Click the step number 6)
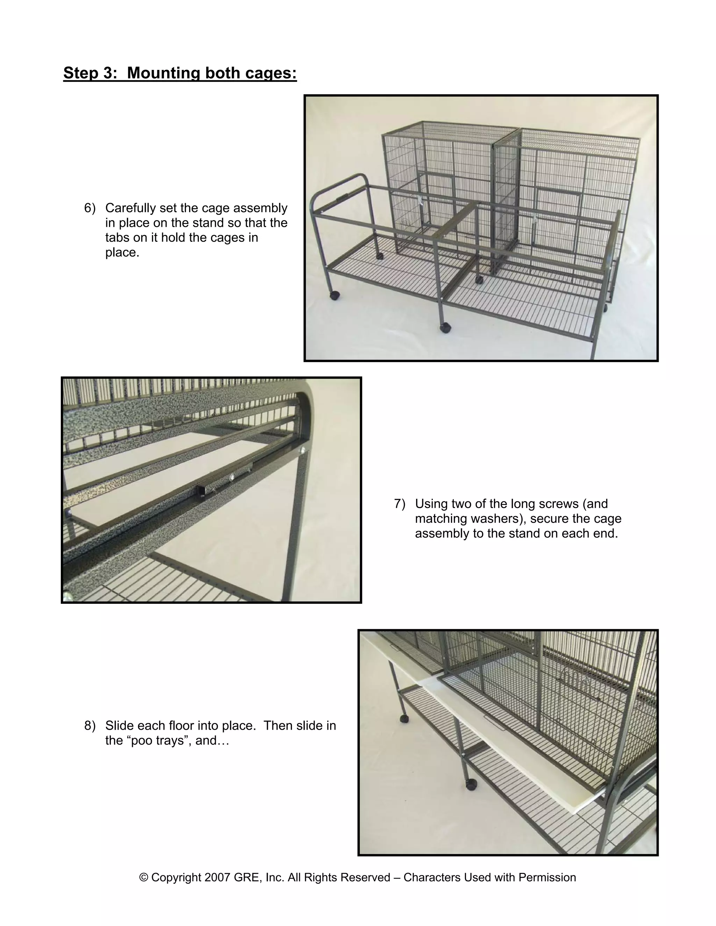90,208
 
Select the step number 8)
90,725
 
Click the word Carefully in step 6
132,208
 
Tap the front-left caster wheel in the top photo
335,295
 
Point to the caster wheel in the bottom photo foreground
471,784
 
